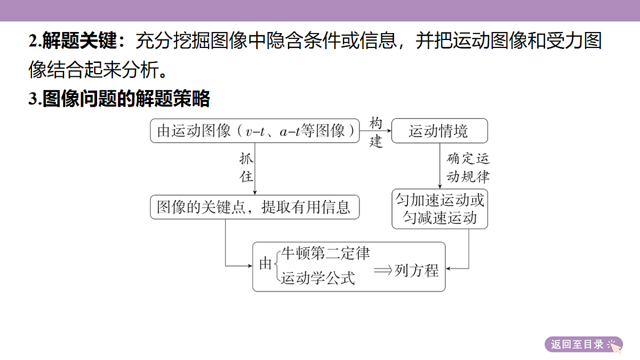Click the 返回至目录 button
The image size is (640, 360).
point(583,345)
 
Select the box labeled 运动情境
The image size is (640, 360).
point(439,131)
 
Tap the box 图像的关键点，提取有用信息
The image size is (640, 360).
point(254,207)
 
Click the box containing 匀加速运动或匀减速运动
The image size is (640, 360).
point(439,209)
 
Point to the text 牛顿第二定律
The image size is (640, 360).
point(325,253)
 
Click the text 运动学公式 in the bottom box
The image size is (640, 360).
point(318,278)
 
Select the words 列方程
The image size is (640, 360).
point(417,270)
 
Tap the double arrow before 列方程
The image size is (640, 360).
point(383,270)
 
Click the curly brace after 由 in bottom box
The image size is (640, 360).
point(277,266)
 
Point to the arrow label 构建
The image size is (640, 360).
point(375,132)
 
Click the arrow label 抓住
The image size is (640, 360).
point(246,167)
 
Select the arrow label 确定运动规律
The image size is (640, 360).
point(468,167)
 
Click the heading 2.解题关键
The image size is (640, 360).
point(76,41)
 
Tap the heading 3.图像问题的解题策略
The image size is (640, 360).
point(119,99)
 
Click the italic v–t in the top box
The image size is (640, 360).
point(255,132)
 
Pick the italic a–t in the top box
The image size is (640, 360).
point(290,131)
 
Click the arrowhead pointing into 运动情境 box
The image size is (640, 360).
point(389,131)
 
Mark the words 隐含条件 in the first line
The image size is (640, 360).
point(303,41)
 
